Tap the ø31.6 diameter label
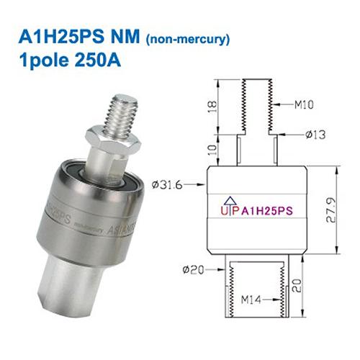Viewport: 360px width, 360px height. coord(167,186)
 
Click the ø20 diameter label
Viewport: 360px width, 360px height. coord(192,269)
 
